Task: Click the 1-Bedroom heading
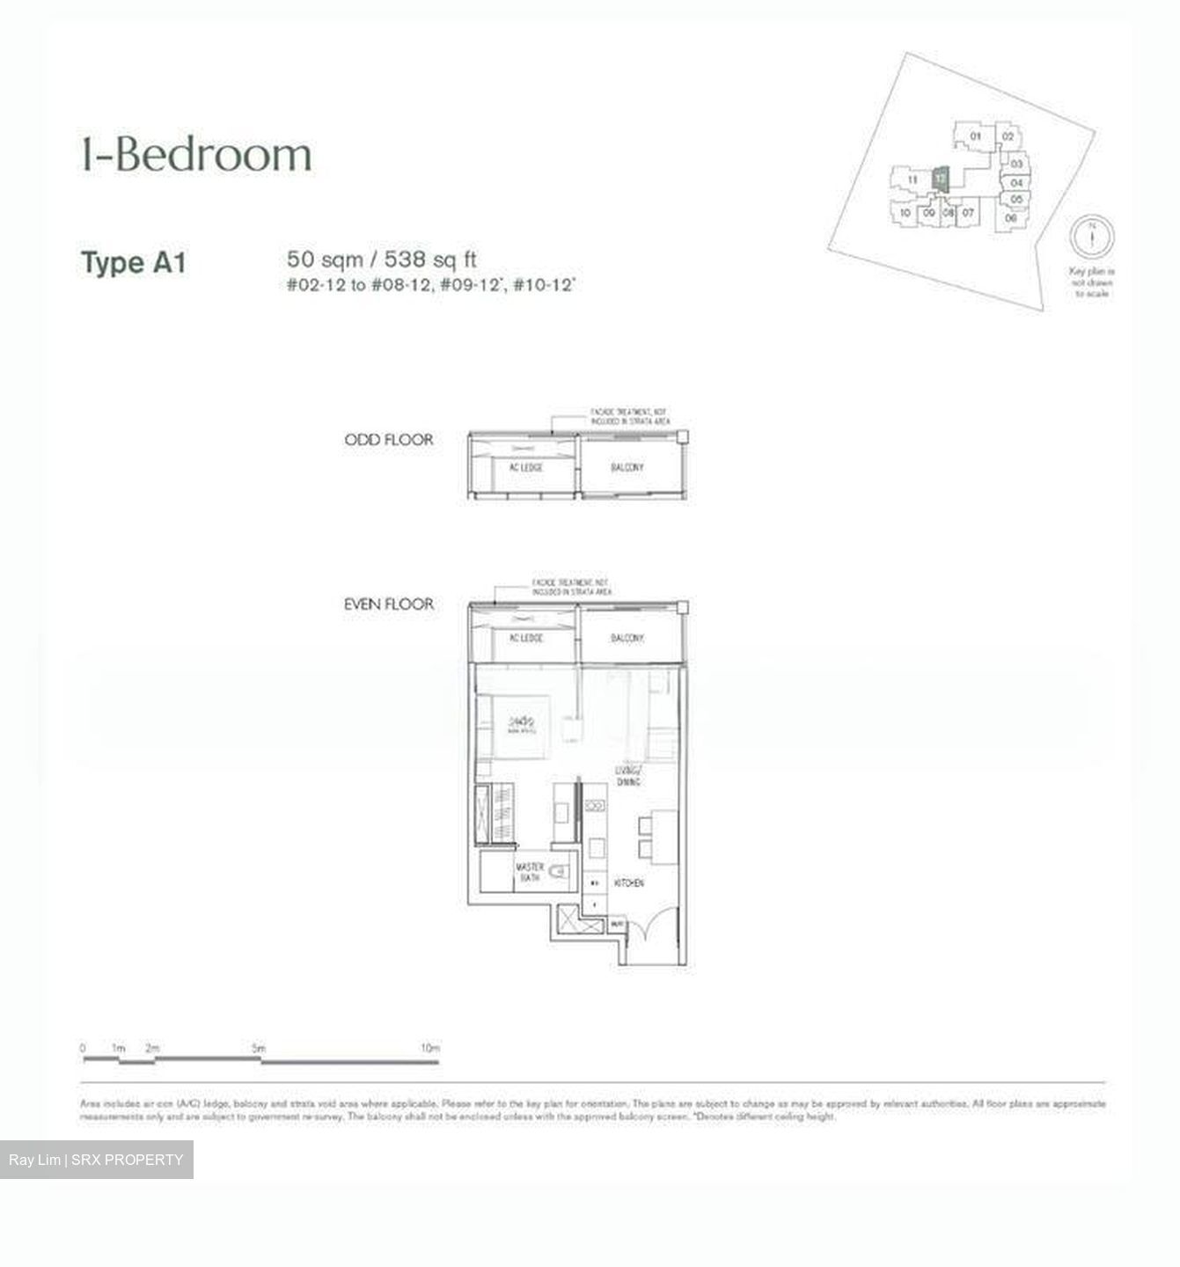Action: click(196, 154)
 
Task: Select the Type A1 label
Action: click(133, 262)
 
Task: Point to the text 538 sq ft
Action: click(436, 259)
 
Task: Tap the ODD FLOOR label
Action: click(389, 439)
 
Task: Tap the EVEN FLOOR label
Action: click(389, 604)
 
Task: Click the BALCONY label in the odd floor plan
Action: click(627, 467)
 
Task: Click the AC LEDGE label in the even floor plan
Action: click(525, 638)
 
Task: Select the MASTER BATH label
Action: click(529, 872)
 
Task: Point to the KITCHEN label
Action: click(628, 883)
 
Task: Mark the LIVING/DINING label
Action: click(627, 776)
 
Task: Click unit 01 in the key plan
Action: click(975, 136)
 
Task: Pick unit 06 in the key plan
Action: click(1010, 217)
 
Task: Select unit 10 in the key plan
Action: click(905, 213)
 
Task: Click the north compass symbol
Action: click(1091, 237)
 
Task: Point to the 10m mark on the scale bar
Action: click(429, 1049)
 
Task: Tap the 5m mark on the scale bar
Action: click(258, 1049)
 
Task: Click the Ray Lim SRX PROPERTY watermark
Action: click(96, 1160)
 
